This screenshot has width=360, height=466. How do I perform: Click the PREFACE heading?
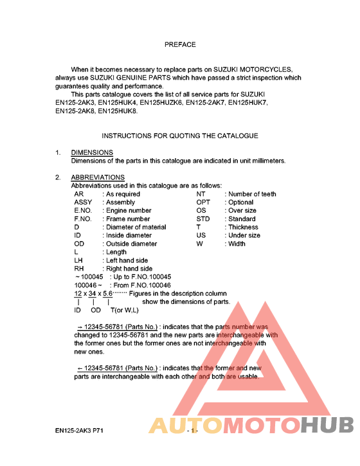pos(180,45)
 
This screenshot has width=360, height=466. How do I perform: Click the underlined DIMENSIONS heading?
pos(92,152)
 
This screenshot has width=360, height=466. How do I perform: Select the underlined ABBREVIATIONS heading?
pos(98,177)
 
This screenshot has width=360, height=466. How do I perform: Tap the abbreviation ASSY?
pos(84,202)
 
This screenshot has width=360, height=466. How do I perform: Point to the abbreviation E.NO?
pos(84,210)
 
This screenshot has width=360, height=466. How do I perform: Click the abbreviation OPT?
pos(203,202)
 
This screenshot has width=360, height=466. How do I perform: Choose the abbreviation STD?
pos(203,219)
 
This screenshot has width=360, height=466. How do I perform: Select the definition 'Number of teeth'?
pos(253,193)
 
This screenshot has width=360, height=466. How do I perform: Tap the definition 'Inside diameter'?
pos(129,235)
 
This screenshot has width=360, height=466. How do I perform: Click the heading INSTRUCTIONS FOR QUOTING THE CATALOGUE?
pos(180,136)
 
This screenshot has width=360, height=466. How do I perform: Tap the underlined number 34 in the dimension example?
pos(93,294)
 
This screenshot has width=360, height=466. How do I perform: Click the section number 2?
pos(57,177)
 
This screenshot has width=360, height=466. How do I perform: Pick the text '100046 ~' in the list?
pos(89,285)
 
